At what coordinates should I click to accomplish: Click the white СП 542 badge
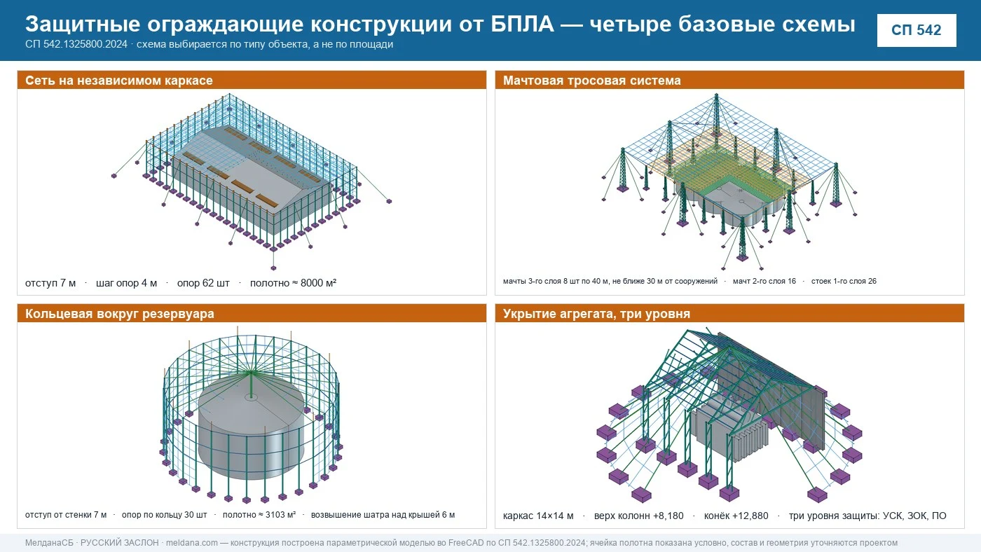tap(917, 30)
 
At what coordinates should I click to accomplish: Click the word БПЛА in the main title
tap(522, 24)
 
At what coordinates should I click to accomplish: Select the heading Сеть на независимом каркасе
tap(118, 81)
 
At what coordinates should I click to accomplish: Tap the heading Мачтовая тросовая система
tap(591, 81)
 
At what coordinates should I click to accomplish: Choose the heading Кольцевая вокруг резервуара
tap(120, 314)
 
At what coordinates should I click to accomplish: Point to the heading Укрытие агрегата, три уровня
tap(596, 314)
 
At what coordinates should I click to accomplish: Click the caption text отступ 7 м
tap(50, 283)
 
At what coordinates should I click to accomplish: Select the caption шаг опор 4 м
tap(126, 283)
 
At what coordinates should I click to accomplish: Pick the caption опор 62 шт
tap(203, 283)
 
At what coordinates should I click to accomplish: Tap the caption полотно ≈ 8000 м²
tap(293, 283)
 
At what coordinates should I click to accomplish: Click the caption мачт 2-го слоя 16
tap(764, 281)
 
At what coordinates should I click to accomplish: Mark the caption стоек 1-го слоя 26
tap(844, 281)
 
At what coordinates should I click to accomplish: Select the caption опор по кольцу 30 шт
tap(164, 515)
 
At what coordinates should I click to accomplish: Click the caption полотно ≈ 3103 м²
tap(259, 515)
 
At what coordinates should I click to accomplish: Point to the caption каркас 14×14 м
tap(538, 516)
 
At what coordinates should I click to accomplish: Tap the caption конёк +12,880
tap(736, 516)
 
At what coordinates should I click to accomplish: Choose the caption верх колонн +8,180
tap(638, 516)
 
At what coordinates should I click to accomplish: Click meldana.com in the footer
tap(192, 543)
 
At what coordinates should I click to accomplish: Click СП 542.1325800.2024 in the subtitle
tap(76, 44)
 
